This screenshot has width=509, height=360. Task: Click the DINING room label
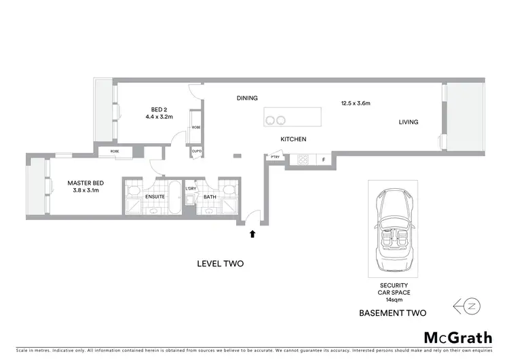coord(247,98)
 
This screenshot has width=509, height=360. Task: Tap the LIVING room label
coord(408,122)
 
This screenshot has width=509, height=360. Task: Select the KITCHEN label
coord(293,139)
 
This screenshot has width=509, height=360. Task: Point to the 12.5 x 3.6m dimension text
coord(355,104)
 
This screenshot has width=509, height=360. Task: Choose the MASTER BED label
coord(85,183)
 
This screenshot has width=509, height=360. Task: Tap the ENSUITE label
coord(155,198)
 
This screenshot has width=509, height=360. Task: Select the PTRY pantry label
coord(275,158)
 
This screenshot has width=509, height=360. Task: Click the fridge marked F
coord(324,161)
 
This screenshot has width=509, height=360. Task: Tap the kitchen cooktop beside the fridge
coord(303,161)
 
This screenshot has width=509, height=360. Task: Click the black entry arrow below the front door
coord(252,234)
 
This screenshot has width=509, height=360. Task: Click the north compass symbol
coord(469,306)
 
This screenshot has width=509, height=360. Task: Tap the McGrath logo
coord(458,337)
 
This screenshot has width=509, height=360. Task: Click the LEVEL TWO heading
coord(220,264)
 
